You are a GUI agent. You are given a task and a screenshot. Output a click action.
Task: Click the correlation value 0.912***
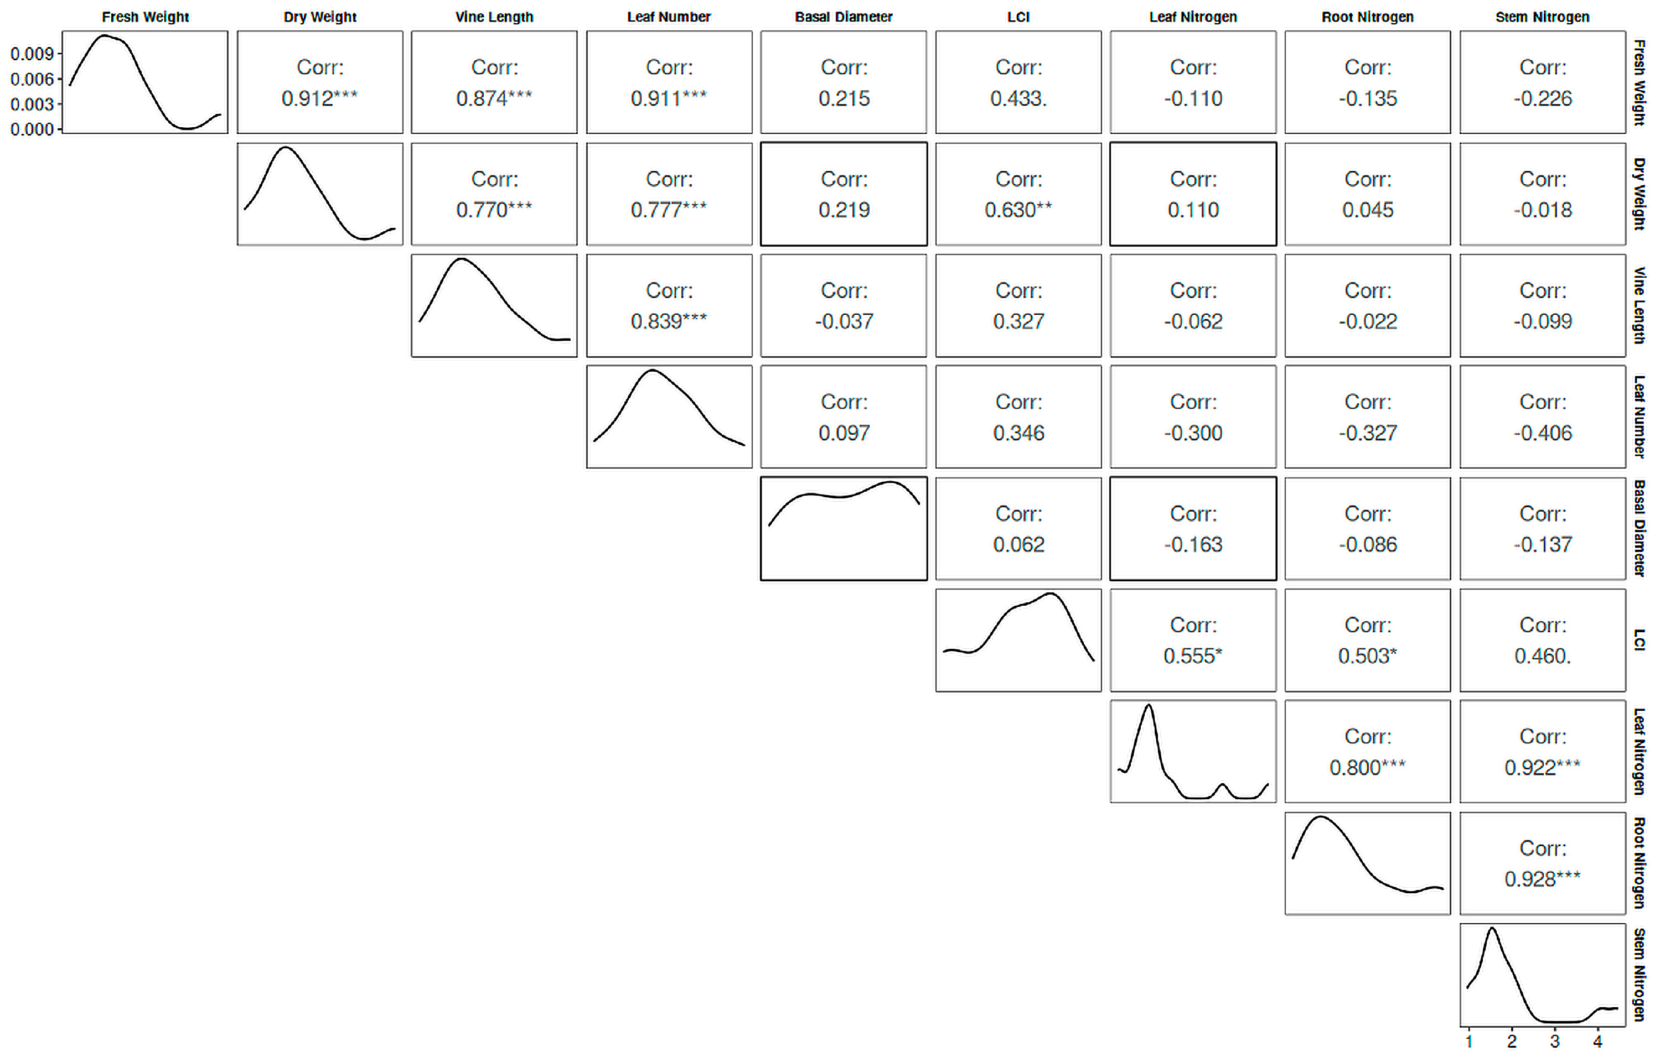click(319, 98)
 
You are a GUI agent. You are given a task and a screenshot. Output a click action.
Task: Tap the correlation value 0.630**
click(1018, 210)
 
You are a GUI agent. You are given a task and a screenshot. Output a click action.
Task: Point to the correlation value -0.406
click(1543, 433)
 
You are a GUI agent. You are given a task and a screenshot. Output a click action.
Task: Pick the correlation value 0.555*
click(1193, 656)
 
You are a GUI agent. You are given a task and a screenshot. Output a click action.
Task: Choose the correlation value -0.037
click(844, 321)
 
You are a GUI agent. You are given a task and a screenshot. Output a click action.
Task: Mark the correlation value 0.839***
click(669, 321)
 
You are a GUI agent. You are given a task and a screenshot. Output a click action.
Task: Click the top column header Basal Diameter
click(844, 17)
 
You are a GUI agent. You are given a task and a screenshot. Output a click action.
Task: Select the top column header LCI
click(1018, 17)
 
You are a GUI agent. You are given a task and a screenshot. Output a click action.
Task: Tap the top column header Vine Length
click(494, 17)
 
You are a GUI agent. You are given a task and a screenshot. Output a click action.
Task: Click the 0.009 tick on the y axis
click(32, 54)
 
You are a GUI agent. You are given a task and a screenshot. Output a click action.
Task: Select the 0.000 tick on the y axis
click(32, 129)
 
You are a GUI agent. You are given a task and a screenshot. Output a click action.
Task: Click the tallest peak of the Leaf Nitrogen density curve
click(1149, 705)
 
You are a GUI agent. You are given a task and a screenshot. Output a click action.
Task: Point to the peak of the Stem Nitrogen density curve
click(1492, 928)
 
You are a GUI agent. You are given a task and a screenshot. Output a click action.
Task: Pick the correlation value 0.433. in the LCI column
click(1018, 98)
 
